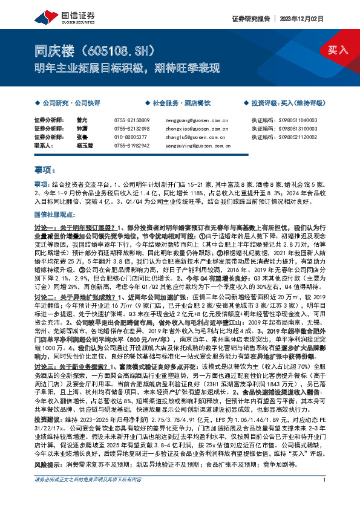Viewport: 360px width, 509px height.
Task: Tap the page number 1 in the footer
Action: tap(324, 497)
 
